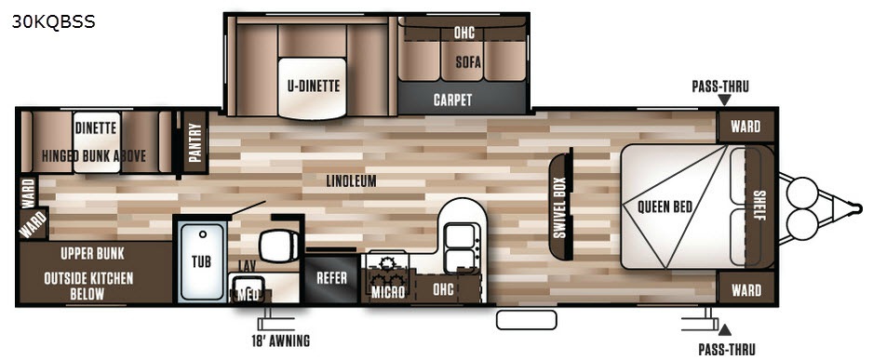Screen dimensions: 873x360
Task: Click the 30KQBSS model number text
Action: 53,21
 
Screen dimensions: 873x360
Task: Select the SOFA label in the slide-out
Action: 467,60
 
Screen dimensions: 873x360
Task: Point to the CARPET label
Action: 452,100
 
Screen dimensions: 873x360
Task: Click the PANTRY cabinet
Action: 195,142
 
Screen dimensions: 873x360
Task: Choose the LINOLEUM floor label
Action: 351,180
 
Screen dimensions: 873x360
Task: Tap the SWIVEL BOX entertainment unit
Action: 561,206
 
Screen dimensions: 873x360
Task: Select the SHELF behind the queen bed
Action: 759,206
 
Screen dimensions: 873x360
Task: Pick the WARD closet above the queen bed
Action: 745,127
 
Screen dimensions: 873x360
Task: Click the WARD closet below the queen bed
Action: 746,289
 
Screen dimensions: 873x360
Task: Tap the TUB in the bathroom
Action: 201,260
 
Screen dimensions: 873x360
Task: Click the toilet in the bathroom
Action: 281,245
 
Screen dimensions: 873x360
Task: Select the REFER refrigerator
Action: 332,278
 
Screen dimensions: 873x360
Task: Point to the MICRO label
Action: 388,292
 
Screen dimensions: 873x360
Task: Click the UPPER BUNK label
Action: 93,254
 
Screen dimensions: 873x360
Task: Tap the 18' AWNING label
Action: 280,340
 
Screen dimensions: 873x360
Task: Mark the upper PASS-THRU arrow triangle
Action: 724,100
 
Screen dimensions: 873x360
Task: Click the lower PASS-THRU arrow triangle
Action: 724,330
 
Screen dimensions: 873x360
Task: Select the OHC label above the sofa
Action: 463,33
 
